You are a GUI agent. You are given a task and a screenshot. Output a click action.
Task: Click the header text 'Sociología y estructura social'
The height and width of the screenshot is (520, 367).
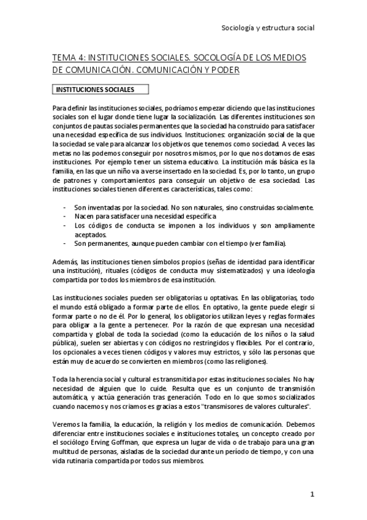click(x=268, y=28)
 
